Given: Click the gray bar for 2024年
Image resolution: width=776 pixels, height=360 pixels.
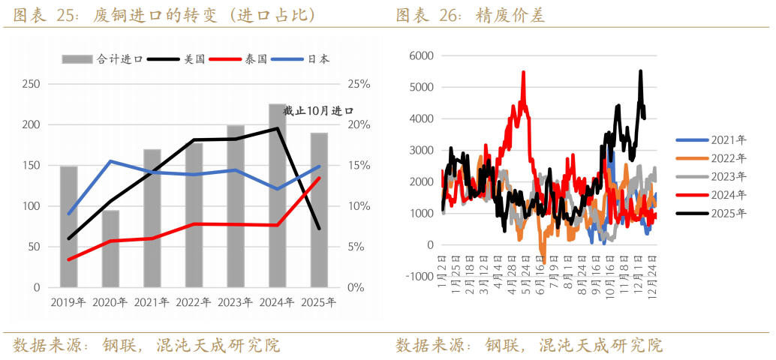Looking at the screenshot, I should (x=277, y=196).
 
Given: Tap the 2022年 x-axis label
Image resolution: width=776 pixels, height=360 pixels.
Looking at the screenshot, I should (x=194, y=303).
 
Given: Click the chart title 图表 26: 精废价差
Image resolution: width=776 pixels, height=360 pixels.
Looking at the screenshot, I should (x=470, y=14).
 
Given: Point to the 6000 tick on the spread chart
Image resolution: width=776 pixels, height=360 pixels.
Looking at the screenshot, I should (x=420, y=55).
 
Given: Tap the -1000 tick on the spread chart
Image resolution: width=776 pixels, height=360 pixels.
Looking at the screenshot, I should (x=419, y=276).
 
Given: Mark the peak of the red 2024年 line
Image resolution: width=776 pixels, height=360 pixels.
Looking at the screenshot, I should (x=523, y=72).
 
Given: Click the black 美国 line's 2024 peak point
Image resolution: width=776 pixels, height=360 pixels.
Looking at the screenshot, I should (x=277, y=128).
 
